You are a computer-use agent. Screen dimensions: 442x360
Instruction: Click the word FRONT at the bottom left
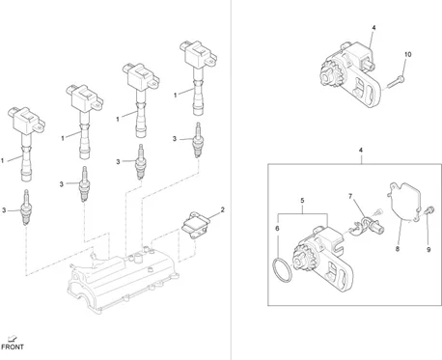tap(13, 347)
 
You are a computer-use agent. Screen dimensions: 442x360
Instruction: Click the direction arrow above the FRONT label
tap(13, 338)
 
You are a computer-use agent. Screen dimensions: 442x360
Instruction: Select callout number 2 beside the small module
tap(222, 209)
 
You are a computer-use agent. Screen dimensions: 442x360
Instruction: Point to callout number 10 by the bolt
tap(407, 55)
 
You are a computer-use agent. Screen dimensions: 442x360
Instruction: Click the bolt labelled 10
tap(396, 81)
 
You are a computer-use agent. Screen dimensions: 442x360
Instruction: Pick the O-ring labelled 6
tap(283, 269)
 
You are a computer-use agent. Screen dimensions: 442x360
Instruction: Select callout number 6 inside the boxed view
tap(277, 229)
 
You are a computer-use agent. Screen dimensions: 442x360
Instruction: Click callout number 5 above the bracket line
tap(302, 201)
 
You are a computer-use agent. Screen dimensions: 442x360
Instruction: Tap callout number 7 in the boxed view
tap(350, 196)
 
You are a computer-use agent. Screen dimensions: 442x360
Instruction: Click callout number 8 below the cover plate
tap(398, 249)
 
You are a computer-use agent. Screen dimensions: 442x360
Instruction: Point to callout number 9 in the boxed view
tap(428, 249)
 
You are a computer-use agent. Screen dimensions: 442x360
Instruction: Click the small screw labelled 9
tap(429, 210)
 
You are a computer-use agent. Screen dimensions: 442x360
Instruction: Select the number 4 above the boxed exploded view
tap(361, 150)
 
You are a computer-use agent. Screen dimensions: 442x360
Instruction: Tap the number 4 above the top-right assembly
tap(373, 28)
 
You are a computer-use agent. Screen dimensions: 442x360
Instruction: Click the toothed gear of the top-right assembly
tap(329, 74)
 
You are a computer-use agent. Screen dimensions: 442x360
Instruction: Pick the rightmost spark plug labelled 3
tap(198, 140)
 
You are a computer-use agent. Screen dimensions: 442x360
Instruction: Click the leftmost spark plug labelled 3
tap(26, 208)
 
